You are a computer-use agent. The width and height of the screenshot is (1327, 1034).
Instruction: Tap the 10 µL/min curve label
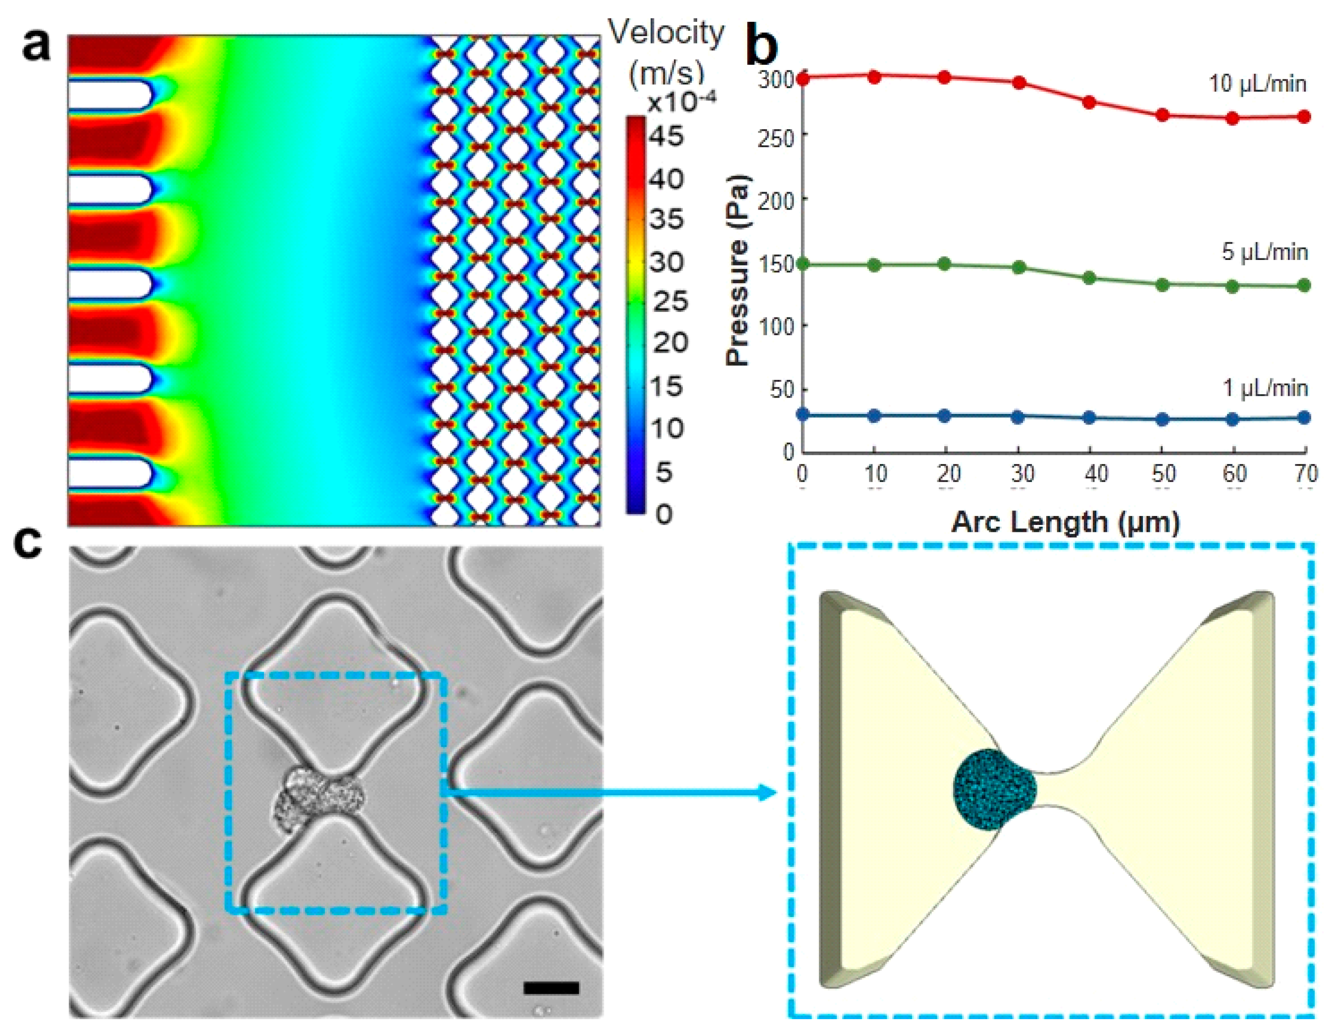(x=1257, y=83)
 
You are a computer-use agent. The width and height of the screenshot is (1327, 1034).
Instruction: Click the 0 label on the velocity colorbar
(x=663, y=514)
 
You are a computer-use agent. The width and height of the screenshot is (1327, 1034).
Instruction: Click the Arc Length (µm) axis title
(x=1065, y=522)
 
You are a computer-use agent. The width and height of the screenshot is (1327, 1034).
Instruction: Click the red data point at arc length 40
(x=1089, y=103)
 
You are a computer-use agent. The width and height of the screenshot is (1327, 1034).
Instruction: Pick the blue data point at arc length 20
(x=945, y=416)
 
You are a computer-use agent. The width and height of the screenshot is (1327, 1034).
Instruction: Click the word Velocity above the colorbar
(x=666, y=32)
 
